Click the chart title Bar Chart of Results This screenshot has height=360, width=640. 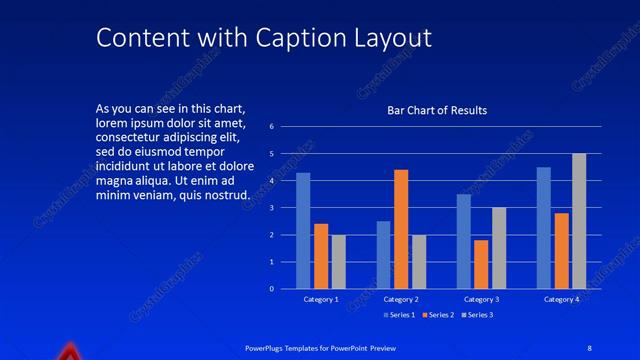437,111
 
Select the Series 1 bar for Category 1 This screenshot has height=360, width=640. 303,231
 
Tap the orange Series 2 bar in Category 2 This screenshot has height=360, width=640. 401,229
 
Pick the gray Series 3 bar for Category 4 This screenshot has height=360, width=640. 579,221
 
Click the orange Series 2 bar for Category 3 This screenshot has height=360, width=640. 481,264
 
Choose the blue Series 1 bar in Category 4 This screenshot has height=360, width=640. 543,228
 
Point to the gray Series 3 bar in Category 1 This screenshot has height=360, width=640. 339,262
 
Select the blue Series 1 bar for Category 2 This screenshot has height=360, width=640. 383,255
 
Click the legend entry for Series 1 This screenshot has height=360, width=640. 399,315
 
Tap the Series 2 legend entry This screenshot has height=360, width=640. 438,315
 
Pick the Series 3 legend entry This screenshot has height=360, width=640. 476,315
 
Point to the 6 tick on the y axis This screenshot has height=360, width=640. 270,127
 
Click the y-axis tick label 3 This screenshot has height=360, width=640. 270,208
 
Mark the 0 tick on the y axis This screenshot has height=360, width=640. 270,289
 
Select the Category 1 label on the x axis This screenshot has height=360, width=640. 321,300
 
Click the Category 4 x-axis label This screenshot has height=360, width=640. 561,300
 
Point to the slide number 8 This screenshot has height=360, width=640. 590,347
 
